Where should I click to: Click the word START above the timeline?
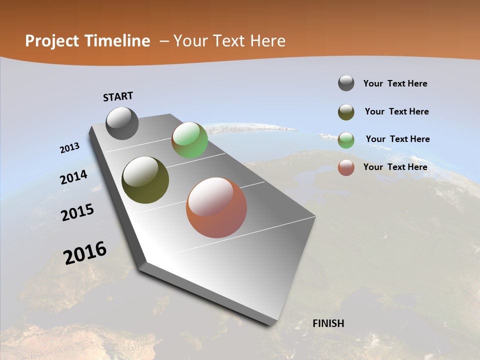point(118,96)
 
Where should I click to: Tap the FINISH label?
point(328,323)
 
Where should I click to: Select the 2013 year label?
point(70,148)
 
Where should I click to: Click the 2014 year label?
point(74,177)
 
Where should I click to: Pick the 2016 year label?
point(85,253)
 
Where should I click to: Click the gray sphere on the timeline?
point(122,123)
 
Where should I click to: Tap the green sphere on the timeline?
point(189,140)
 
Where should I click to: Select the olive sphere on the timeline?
point(145,180)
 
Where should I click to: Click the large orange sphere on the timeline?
point(216,207)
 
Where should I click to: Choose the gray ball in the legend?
point(346,83)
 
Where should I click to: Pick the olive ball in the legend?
point(346,112)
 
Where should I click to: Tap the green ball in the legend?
point(346,140)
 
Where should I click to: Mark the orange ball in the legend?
point(346,168)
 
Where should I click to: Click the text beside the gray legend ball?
point(395,83)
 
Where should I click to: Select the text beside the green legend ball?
point(398,139)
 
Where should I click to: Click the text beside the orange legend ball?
point(395,167)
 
